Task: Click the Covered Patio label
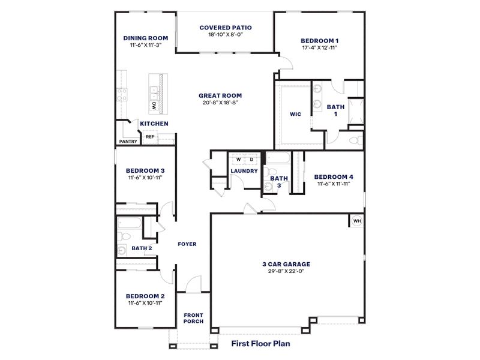[x=226, y=27]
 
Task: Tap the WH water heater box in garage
[x=357, y=221]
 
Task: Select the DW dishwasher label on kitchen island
[x=154, y=106]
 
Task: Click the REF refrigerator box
[x=150, y=137]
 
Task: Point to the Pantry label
[x=128, y=142]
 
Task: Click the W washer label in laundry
[x=238, y=159]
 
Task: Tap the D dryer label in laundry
[x=251, y=159]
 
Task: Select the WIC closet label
[x=295, y=113]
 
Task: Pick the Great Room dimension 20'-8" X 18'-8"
[x=220, y=103]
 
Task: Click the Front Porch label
[x=193, y=318]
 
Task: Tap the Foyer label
[x=187, y=244]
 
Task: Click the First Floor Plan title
[x=269, y=344]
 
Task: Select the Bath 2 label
[x=142, y=248]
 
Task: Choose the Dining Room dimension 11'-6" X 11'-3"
[x=145, y=45]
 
